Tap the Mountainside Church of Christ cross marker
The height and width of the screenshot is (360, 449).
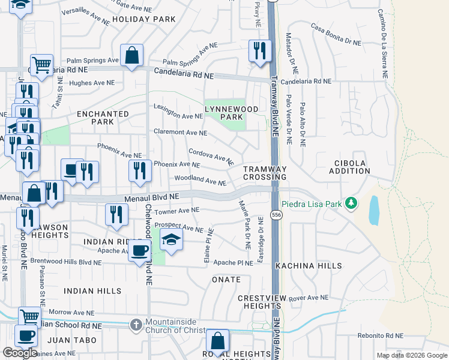137,325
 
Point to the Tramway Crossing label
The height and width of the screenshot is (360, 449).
265,173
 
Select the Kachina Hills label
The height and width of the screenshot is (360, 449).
309,265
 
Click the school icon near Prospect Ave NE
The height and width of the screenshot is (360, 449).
171,241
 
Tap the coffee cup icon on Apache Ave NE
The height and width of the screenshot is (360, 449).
139,251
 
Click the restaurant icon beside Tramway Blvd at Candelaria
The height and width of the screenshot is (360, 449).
259,50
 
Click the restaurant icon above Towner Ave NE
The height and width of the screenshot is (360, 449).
116,214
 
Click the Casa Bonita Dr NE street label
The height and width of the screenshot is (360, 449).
336,35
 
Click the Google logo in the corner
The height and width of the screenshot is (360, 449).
20,353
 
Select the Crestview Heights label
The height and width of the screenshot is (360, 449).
259,302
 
